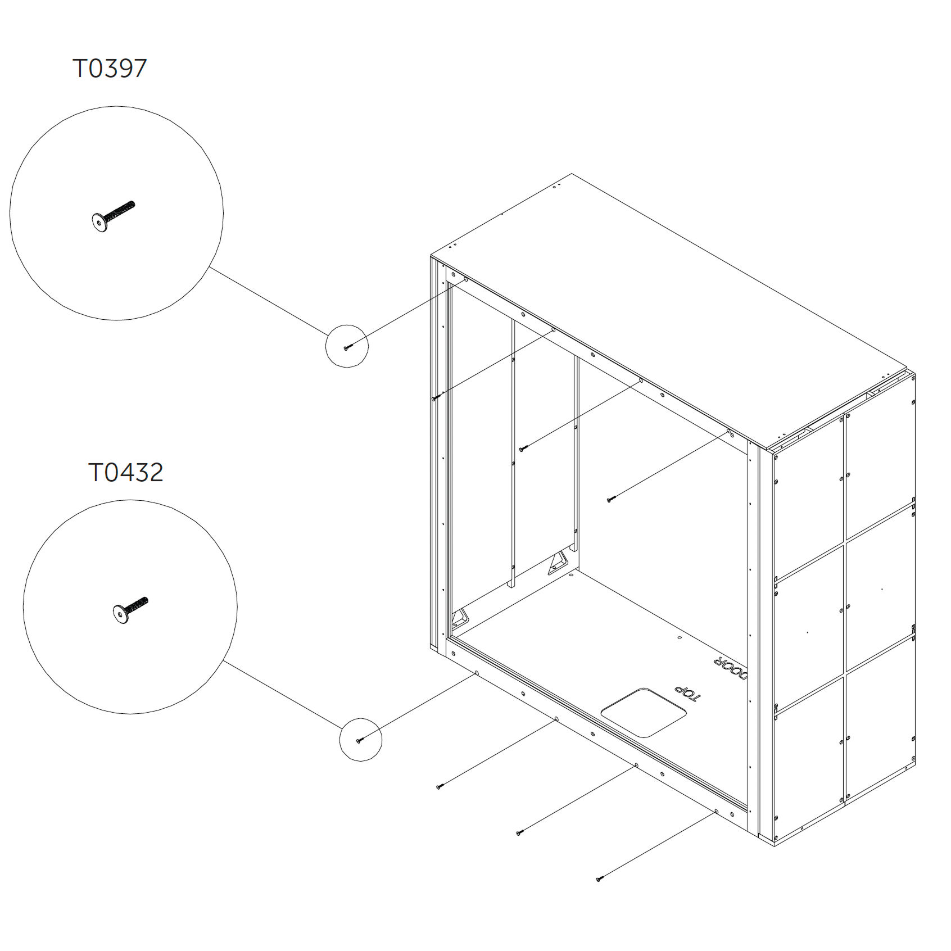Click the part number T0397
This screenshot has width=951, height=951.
tap(110, 68)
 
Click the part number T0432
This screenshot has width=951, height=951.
tap(126, 472)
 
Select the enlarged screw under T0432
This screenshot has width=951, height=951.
tap(130, 610)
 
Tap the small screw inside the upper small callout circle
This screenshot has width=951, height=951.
tap(347, 347)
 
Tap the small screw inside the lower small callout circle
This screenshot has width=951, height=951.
tap(361, 740)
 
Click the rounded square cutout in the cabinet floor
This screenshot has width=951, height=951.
tap(644, 712)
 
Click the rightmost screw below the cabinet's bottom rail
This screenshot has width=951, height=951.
tap(600, 878)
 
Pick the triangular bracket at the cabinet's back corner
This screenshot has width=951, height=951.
tap(558, 563)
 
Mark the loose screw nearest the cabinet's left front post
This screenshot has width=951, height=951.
tap(436, 397)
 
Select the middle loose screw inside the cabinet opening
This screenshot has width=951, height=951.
tap(523, 448)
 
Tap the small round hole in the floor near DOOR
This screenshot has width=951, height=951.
tap(680, 638)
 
